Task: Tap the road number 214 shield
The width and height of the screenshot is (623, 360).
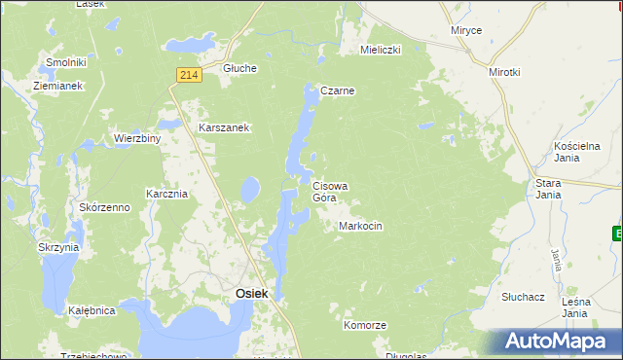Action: (x=190, y=75)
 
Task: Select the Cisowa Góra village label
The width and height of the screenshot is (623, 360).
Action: (x=331, y=191)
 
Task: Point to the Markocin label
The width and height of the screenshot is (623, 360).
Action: (x=360, y=226)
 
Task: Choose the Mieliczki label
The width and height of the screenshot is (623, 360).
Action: (x=381, y=49)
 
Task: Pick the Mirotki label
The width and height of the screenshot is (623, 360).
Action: (x=505, y=72)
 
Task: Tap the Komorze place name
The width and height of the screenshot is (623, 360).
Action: (x=365, y=325)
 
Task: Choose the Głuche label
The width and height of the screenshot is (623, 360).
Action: (x=239, y=68)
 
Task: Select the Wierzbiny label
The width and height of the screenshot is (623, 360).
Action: (x=136, y=138)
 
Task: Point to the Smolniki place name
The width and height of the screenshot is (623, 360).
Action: (x=66, y=62)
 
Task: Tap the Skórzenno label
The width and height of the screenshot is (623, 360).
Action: (x=105, y=208)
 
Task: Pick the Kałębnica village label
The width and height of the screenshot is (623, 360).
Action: (x=92, y=311)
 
